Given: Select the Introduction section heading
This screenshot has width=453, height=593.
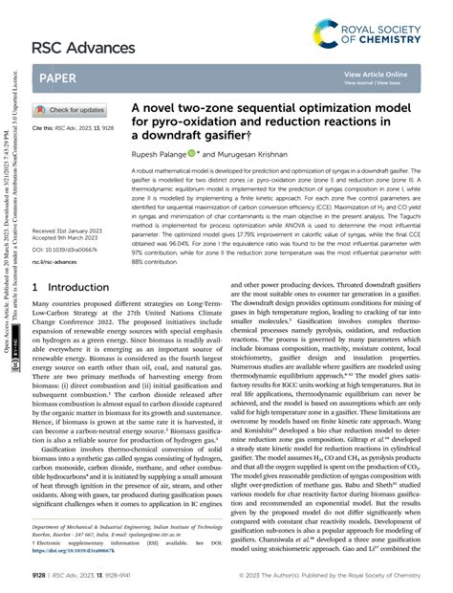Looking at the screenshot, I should point(67,259).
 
